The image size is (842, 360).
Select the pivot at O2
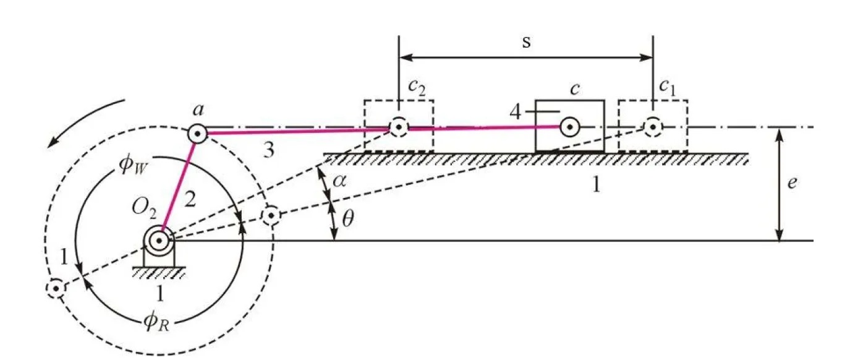[x=160, y=239]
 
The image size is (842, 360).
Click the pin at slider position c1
[x=653, y=127]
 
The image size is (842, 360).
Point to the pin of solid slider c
[x=568, y=127]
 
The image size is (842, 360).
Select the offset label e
[x=792, y=184]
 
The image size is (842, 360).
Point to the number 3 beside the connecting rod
[x=268, y=150]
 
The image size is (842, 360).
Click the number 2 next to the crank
[x=191, y=199]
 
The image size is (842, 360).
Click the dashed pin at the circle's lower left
[x=56, y=288]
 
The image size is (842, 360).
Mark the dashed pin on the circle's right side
[x=270, y=216]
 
